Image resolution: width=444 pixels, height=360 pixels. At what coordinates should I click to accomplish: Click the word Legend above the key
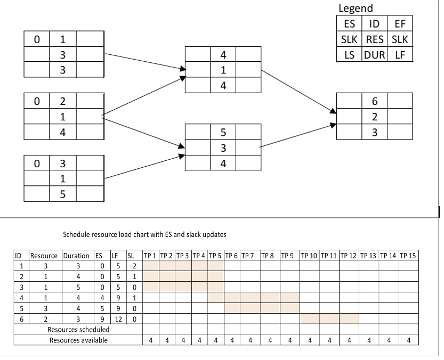356,8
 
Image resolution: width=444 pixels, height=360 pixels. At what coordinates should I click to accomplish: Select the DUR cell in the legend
374,55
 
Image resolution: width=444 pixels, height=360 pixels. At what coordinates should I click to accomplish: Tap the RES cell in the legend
374,39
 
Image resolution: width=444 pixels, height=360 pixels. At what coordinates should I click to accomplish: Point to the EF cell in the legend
400,23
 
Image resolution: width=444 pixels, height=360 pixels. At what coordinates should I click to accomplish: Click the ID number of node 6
375,101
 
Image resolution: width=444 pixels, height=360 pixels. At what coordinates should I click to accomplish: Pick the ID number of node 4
223,55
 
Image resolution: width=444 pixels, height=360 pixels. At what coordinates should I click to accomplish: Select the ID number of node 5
223,132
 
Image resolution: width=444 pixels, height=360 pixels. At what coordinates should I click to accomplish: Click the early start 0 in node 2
37,101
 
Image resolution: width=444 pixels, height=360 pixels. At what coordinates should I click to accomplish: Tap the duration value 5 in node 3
62,194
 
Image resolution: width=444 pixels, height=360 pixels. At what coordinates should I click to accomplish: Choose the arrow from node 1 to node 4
146,61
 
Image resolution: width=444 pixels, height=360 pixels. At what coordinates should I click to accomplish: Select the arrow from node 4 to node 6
298,92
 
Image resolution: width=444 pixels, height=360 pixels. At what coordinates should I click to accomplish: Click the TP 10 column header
309,256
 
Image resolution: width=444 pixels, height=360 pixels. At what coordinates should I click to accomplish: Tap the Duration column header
76,256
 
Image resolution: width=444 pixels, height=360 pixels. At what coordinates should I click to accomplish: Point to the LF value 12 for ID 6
118,319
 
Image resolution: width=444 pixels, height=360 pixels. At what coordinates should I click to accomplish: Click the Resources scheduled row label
78,330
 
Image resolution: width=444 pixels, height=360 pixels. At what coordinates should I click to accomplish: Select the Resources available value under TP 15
409,340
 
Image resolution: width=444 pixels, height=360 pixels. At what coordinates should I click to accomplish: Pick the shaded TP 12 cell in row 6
349,318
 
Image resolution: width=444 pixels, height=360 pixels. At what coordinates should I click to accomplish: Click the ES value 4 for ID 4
102,298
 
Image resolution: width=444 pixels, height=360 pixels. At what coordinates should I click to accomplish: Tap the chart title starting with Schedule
144,234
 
